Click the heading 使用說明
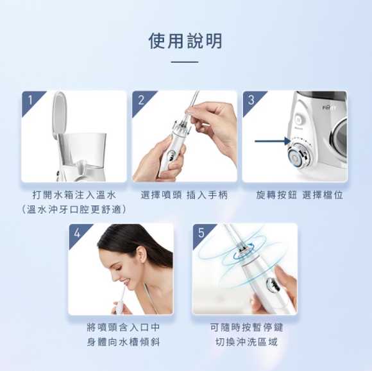tap(185, 41)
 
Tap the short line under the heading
tap(185, 62)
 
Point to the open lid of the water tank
tap(59, 114)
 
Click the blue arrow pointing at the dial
tap(273, 141)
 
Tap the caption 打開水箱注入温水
tap(74, 195)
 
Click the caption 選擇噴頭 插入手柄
tap(184, 195)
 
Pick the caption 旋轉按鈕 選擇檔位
tap(300, 195)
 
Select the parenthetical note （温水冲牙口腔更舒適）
tap(74, 210)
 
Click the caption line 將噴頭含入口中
tap(123, 327)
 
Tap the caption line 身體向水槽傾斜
tap(123, 342)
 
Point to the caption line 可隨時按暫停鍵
tap(246, 327)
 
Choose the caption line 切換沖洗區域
tap(246, 342)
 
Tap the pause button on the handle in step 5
tap(271, 284)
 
